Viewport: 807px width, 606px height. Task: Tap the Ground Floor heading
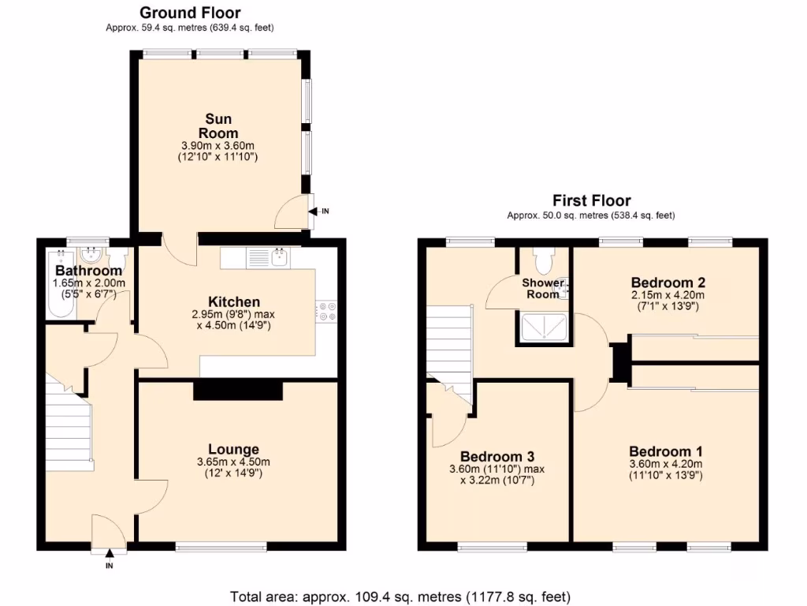[x=190, y=13]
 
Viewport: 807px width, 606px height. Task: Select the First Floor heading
[x=591, y=200]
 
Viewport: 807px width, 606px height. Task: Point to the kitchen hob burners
[x=327, y=312]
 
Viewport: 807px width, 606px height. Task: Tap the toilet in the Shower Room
[x=544, y=259]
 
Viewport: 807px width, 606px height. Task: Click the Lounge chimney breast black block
[x=237, y=391]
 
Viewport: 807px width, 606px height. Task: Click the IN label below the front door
[x=109, y=565]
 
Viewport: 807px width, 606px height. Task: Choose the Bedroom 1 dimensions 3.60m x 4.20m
[x=665, y=464]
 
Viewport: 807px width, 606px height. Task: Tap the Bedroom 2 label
[x=668, y=282]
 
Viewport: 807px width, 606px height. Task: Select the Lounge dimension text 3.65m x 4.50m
[x=233, y=462]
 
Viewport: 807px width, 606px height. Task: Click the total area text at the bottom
[x=400, y=596]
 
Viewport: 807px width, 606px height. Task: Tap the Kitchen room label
[x=233, y=301]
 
